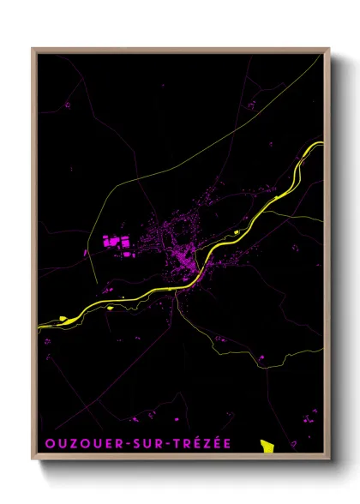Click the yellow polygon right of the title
[x=267, y=446]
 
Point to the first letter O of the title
[x=46, y=446]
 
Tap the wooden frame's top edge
[x=180, y=49]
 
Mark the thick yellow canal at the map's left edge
[x=43, y=324]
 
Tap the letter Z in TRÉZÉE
[x=214, y=446]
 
